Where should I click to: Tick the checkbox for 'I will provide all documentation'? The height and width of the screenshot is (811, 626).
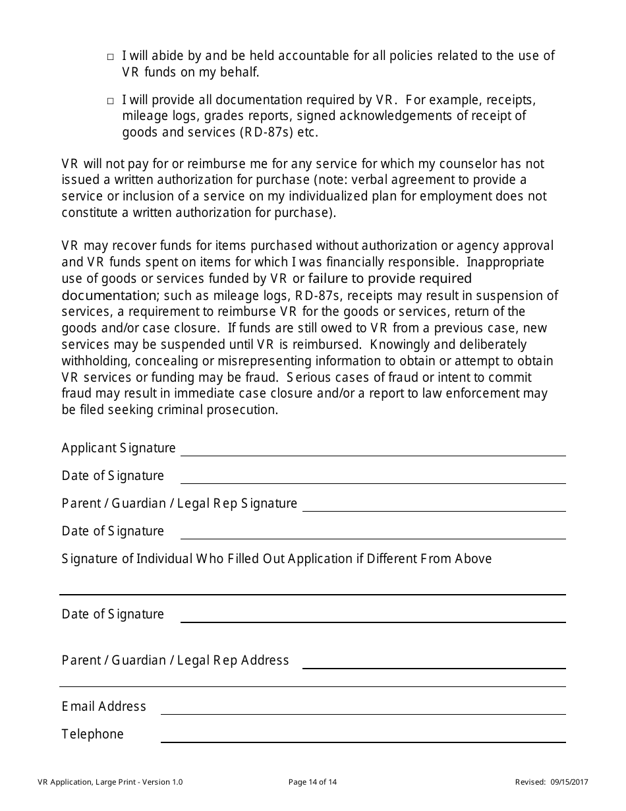coord(111,102)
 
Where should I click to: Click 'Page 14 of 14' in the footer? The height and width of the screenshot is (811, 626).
coord(313,783)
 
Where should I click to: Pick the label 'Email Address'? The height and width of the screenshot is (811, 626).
coord(103,706)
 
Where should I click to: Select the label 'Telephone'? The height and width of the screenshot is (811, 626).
coord(92,734)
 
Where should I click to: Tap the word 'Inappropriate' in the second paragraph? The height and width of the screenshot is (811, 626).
coord(505,262)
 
